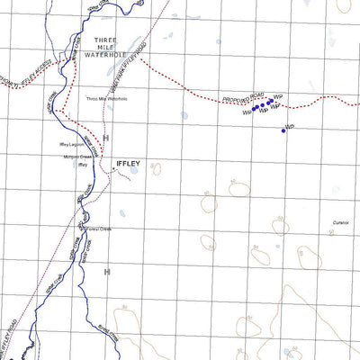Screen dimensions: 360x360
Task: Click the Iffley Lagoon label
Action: point(73,143)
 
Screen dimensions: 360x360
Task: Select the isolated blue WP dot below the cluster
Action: point(283,130)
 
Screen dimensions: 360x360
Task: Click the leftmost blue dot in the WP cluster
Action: point(254,107)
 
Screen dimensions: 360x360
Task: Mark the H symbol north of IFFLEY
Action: point(105,138)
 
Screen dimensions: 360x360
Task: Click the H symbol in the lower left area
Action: point(106,271)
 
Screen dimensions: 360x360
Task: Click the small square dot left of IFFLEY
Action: point(112,164)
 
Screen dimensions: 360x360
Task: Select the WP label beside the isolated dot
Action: point(289,126)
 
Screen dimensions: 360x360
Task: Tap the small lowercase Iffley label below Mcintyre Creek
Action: point(82,166)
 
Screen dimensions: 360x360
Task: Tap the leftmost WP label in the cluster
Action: point(246,113)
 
